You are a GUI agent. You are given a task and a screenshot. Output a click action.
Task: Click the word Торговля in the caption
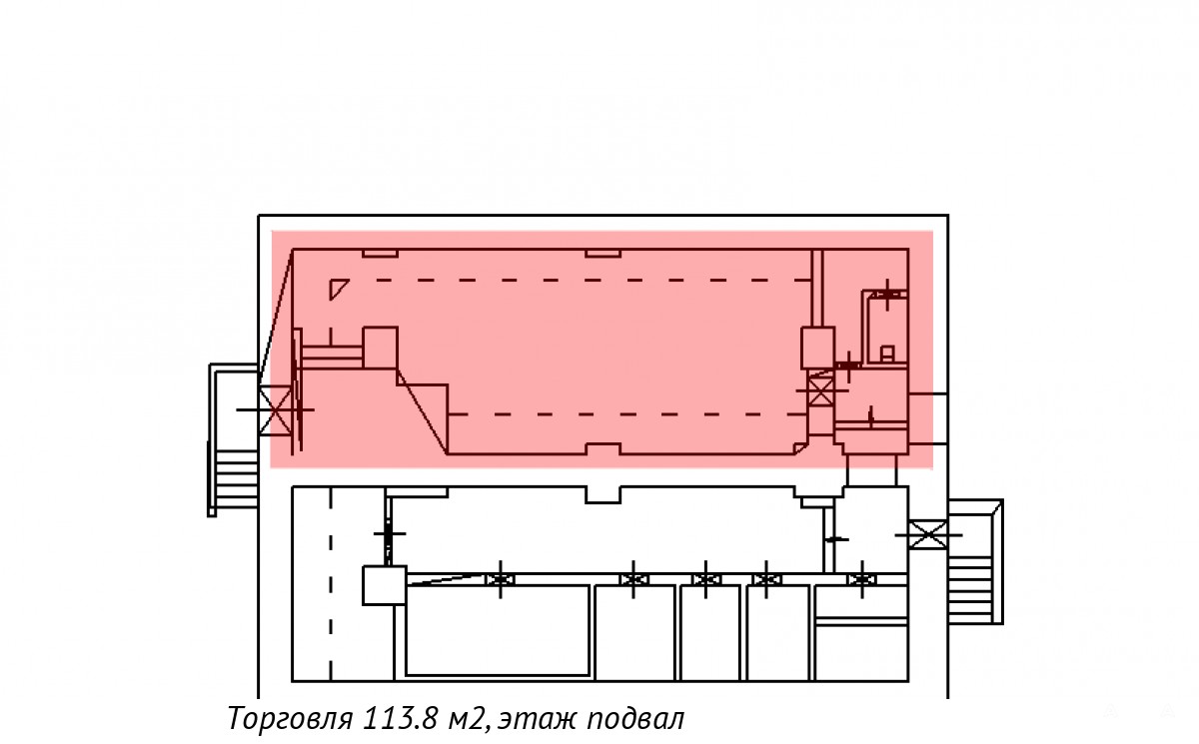click(290, 719)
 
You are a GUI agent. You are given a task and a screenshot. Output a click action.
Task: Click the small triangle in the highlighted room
click(339, 289)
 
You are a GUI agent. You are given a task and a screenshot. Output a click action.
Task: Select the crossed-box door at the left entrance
click(276, 409)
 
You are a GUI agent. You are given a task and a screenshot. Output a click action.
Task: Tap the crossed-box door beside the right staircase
click(928, 535)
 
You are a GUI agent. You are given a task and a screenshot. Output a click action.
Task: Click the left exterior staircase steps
click(236, 478)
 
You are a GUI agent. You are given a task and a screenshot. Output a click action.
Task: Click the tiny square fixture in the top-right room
click(887, 354)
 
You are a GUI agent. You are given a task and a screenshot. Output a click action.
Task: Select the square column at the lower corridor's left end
click(385, 585)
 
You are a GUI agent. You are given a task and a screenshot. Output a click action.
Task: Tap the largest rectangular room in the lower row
click(498, 630)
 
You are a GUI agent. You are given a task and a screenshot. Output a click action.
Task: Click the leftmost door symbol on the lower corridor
click(501, 579)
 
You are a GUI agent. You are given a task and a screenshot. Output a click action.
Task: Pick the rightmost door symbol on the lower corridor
click(861, 579)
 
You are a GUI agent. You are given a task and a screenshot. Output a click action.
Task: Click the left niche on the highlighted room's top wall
click(380, 253)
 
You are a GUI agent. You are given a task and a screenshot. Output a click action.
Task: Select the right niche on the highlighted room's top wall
click(602, 253)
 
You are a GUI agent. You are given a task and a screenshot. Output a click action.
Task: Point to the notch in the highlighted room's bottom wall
click(603, 448)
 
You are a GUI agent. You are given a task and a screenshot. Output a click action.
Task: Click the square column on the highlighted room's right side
click(818, 348)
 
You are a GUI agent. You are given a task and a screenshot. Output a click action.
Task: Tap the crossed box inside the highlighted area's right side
click(820, 391)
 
